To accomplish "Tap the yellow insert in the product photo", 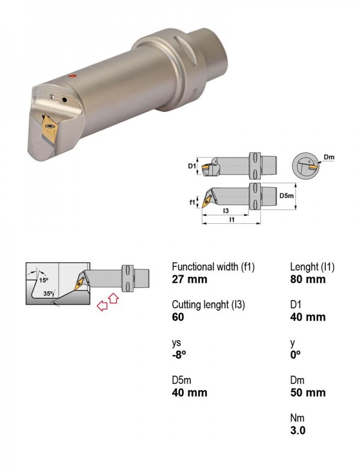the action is point(49,128).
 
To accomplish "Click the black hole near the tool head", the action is point(64,100).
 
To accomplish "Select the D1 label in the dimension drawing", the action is point(191,166).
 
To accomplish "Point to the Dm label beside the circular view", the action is point(329,157).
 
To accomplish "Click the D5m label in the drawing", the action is point(287,196).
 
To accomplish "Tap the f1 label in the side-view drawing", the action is point(193,202).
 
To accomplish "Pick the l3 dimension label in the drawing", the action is point(226,211).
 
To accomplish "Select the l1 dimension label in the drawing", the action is point(232,220).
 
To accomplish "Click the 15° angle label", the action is point(44,280).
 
